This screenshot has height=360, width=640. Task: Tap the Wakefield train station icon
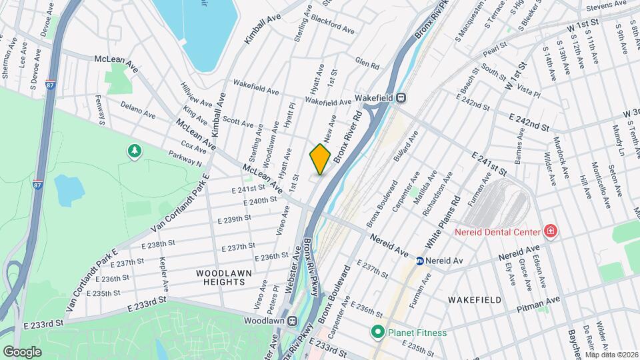[401, 97]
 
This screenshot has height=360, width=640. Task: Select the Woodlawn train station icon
[293, 320]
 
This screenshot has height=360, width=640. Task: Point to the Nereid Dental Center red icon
[551, 232]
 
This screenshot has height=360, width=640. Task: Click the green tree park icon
[135, 152]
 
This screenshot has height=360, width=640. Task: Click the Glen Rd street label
[367, 65]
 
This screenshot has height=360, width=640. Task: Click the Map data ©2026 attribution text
[611, 355]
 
